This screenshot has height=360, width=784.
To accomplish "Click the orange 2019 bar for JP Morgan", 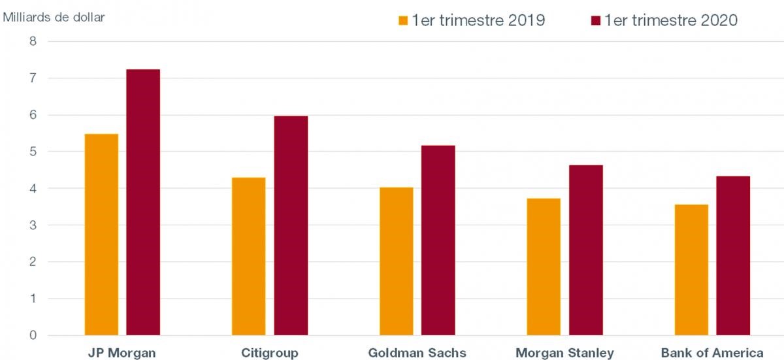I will pyautogui.click(x=101, y=235).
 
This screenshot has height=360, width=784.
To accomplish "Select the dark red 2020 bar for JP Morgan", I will pyautogui.click(x=143, y=203).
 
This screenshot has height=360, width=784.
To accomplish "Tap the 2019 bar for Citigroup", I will pyautogui.click(x=249, y=256).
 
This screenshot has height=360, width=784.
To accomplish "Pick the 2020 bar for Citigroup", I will pyautogui.click(x=291, y=225).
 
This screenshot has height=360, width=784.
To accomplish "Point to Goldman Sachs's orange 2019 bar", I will pyautogui.click(x=397, y=261).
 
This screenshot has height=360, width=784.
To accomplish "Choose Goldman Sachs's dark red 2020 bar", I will pyautogui.click(x=438, y=240).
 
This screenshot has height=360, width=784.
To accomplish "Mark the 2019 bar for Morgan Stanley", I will pyautogui.click(x=544, y=267).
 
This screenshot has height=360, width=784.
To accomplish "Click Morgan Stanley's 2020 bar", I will pyautogui.click(x=585, y=250).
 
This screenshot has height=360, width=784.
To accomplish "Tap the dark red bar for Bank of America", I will pyautogui.click(x=733, y=255).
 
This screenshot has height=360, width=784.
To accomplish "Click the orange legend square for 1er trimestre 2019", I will pyautogui.click(x=403, y=21).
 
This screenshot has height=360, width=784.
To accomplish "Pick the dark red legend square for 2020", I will pyautogui.click(x=595, y=21).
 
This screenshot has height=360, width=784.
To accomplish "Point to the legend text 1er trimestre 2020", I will pyautogui.click(x=671, y=20).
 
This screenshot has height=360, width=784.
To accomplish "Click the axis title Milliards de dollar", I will pyautogui.click(x=54, y=17).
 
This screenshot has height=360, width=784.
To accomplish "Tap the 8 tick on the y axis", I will pyautogui.click(x=33, y=42).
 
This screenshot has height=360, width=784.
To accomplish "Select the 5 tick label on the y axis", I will pyautogui.click(x=33, y=152).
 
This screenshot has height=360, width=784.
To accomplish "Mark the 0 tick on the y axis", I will pyautogui.click(x=33, y=336).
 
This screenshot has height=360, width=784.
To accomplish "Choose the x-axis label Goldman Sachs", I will pyautogui.click(x=417, y=353).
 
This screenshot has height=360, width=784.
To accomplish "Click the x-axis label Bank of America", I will pyautogui.click(x=712, y=353).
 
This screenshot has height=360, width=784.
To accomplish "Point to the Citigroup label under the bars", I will pyautogui.click(x=270, y=353).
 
